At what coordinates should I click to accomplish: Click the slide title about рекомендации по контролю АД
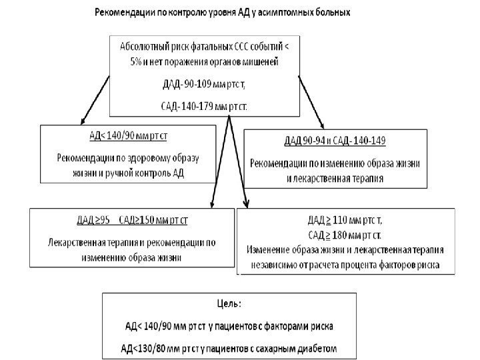[221, 13]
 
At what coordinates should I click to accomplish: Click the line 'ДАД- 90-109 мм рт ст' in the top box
[205, 84]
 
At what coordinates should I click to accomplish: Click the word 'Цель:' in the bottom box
[229, 303]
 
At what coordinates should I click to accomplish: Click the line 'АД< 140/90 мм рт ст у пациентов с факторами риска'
[229, 326]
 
